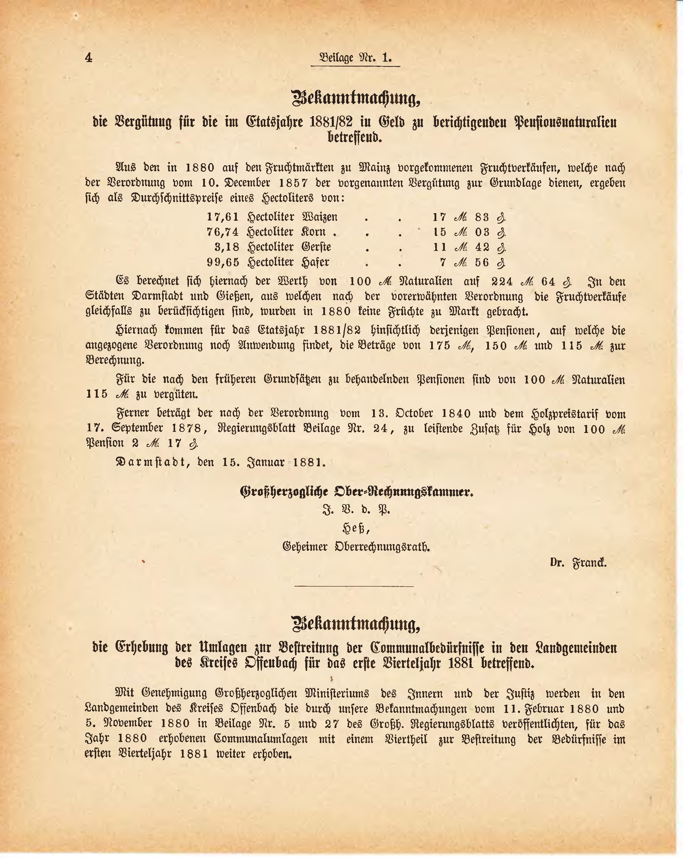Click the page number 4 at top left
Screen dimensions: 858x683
[88, 58]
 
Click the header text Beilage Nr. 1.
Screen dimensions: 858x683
[355, 58]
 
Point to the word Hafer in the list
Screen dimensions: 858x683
[316, 262]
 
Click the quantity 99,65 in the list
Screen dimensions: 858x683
[223, 262]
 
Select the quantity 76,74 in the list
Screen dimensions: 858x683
[223, 232]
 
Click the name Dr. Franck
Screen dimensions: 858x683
[578, 563]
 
